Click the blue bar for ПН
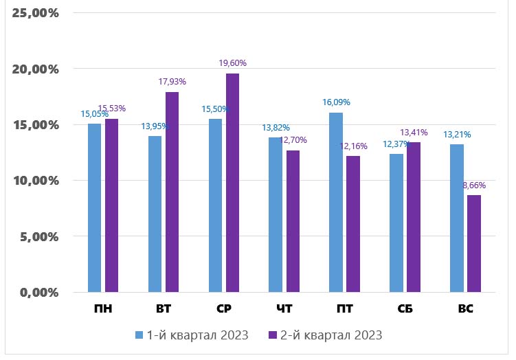point(94,207)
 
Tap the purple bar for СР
point(232,183)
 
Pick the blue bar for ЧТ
point(275,214)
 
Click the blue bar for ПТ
point(335,202)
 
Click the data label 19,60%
point(232,63)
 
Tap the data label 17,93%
point(172,82)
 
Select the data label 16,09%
point(336,102)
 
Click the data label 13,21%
point(457,135)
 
